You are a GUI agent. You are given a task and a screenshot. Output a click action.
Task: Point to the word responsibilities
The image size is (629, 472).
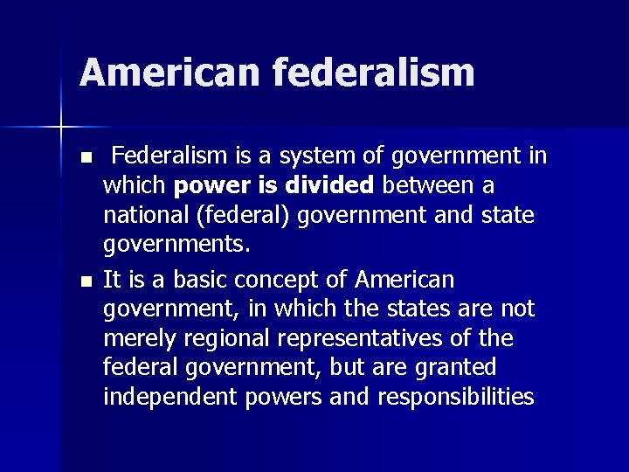(455, 398)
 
